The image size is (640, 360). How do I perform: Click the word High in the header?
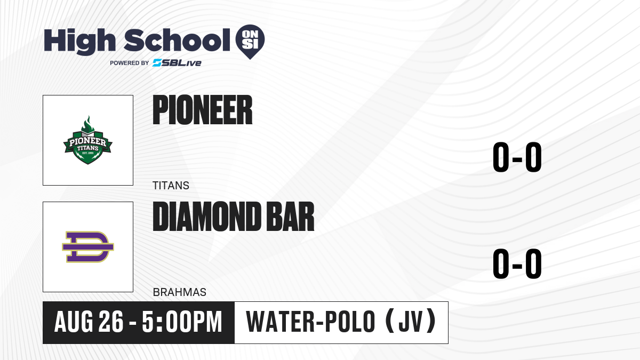click(x=79, y=42)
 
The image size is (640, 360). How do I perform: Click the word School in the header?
click(x=177, y=41)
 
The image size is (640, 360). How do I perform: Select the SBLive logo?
click(x=177, y=63)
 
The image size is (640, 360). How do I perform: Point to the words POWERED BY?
click(x=130, y=63)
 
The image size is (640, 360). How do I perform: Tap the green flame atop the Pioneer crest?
click(x=88, y=124)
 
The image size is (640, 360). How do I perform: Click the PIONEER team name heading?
click(x=203, y=110)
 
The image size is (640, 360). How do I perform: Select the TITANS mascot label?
click(x=171, y=186)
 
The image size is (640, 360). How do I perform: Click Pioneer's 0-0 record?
click(x=517, y=157)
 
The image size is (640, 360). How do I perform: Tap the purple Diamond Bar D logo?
click(x=88, y=247)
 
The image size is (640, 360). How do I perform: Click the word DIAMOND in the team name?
click(x=207, y=217)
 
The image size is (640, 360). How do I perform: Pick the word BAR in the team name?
click(x=290, y=217)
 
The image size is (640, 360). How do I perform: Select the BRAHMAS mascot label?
click(x=179, y=292)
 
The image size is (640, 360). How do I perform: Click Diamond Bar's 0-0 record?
click(x=517, y=263)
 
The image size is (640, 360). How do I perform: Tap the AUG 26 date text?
click(x=89, y=322)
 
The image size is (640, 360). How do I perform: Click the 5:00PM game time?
click(x=182, y=322)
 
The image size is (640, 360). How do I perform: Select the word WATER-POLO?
click(x=310, y=322)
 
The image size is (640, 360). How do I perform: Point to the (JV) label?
click(x=411, y=321)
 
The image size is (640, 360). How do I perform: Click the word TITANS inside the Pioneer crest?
click(x=87, y=148)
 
